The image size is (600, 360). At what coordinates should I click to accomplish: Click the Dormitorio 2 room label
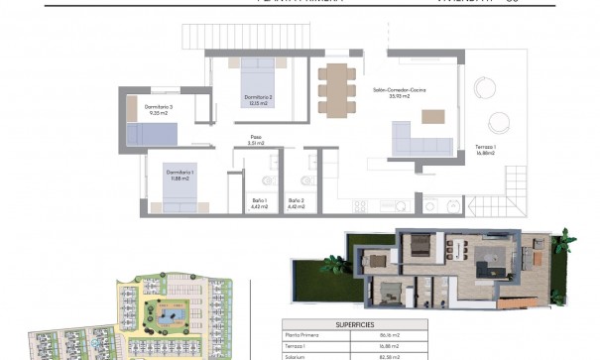(258, 100)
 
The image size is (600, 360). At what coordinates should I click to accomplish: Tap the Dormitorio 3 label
(158, 109)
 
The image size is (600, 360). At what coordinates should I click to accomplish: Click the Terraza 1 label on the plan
(485, 149)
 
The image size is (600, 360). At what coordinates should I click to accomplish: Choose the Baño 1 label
(260, 202)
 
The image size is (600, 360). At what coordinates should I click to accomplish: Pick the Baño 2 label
(297, 202)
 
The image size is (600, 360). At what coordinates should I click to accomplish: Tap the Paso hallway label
(256, 140)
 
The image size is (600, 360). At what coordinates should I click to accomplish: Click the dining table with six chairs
(336, 88)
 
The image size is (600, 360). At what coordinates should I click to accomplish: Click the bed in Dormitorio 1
(180, 193)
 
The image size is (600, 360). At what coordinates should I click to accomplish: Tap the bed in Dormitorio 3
(151, 135)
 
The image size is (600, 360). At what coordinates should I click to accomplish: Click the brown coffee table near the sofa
(432, 116)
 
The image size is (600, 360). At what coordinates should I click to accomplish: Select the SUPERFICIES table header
(354, 323)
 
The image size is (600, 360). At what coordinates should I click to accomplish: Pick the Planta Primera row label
(303, 336)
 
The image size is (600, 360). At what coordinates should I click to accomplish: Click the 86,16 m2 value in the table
(393, 336)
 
